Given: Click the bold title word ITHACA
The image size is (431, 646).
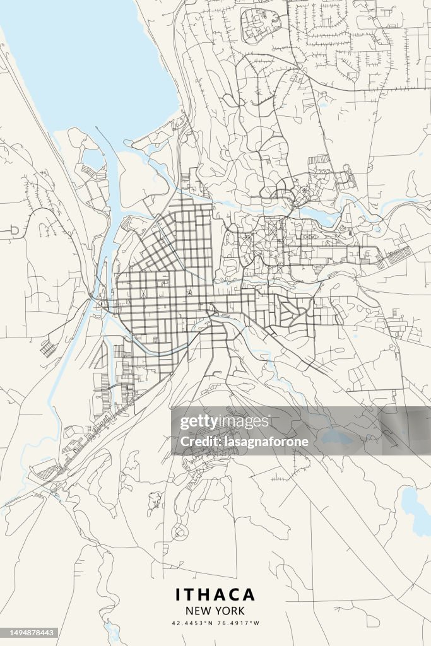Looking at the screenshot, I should tap(215, 594).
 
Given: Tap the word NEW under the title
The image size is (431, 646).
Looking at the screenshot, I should tap(198, 611).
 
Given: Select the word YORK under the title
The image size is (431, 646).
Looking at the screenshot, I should tap(229, 611).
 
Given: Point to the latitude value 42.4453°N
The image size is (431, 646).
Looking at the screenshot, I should tap(192, 623).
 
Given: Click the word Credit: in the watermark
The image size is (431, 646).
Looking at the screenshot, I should tap(198, 442).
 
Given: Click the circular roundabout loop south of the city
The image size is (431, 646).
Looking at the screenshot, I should tap(180, 533).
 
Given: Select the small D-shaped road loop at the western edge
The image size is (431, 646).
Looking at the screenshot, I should tap(11, 232).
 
